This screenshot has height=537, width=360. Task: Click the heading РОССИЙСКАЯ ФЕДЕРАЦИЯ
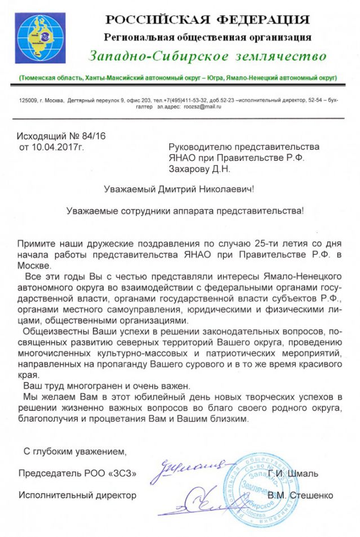click(x=208, y=20)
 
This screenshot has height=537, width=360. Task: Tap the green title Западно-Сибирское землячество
click(x=207, y=56)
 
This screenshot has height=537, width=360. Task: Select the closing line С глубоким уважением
click(x=75, y=451)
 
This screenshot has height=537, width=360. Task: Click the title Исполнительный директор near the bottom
click(x=77, y=495)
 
